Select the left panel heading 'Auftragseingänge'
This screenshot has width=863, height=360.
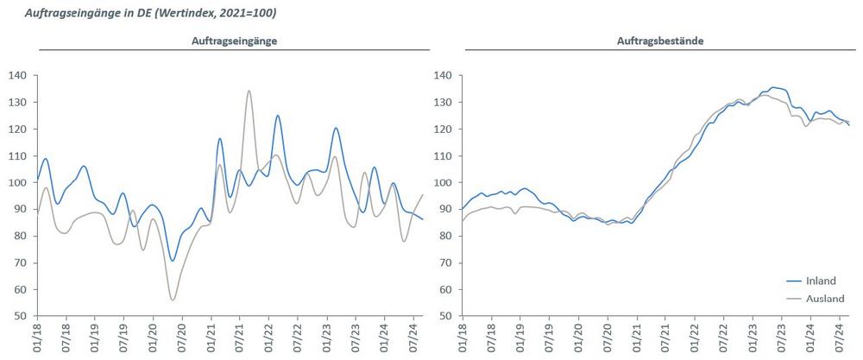[x=228, y=41]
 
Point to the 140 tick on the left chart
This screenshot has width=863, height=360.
[x=18, y=76]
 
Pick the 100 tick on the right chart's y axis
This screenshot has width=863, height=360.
[x=443, y=183]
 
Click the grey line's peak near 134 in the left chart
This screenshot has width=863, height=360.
[x=249, y=91]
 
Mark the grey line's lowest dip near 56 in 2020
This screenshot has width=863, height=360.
[x=173, y=300]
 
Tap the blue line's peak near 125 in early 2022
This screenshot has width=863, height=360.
[x=278, y=116]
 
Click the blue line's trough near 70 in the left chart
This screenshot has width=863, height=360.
[x=173, y=261]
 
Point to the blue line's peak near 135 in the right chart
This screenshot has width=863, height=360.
[x=773, y=87]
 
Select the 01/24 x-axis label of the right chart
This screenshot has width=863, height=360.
[x=809, y=337]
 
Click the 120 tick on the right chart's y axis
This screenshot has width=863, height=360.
[x=443, y=129]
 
